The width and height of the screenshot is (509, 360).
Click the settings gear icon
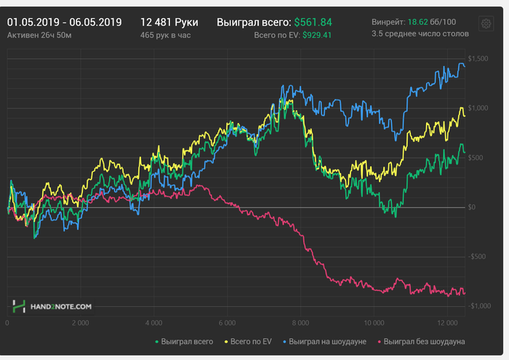[485, 24]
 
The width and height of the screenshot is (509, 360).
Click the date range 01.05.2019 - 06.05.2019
[64, 22]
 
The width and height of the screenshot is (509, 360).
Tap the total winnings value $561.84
[313, 22]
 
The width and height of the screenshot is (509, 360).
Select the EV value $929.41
[313, 35]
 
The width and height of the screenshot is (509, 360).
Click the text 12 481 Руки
[169, 22]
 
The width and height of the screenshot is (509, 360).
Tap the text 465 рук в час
[169, 35]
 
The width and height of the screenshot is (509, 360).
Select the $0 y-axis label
[471, 207]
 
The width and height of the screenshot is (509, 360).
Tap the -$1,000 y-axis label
[477, 306]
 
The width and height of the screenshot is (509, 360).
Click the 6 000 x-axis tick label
[227, 322]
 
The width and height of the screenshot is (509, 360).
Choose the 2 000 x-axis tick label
[80, 322]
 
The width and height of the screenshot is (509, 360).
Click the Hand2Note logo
[52, 307]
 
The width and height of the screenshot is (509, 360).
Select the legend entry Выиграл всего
[187, 340]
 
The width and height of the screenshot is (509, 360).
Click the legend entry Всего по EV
[250, 340]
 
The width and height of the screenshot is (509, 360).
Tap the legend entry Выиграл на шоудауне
[327, 340]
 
